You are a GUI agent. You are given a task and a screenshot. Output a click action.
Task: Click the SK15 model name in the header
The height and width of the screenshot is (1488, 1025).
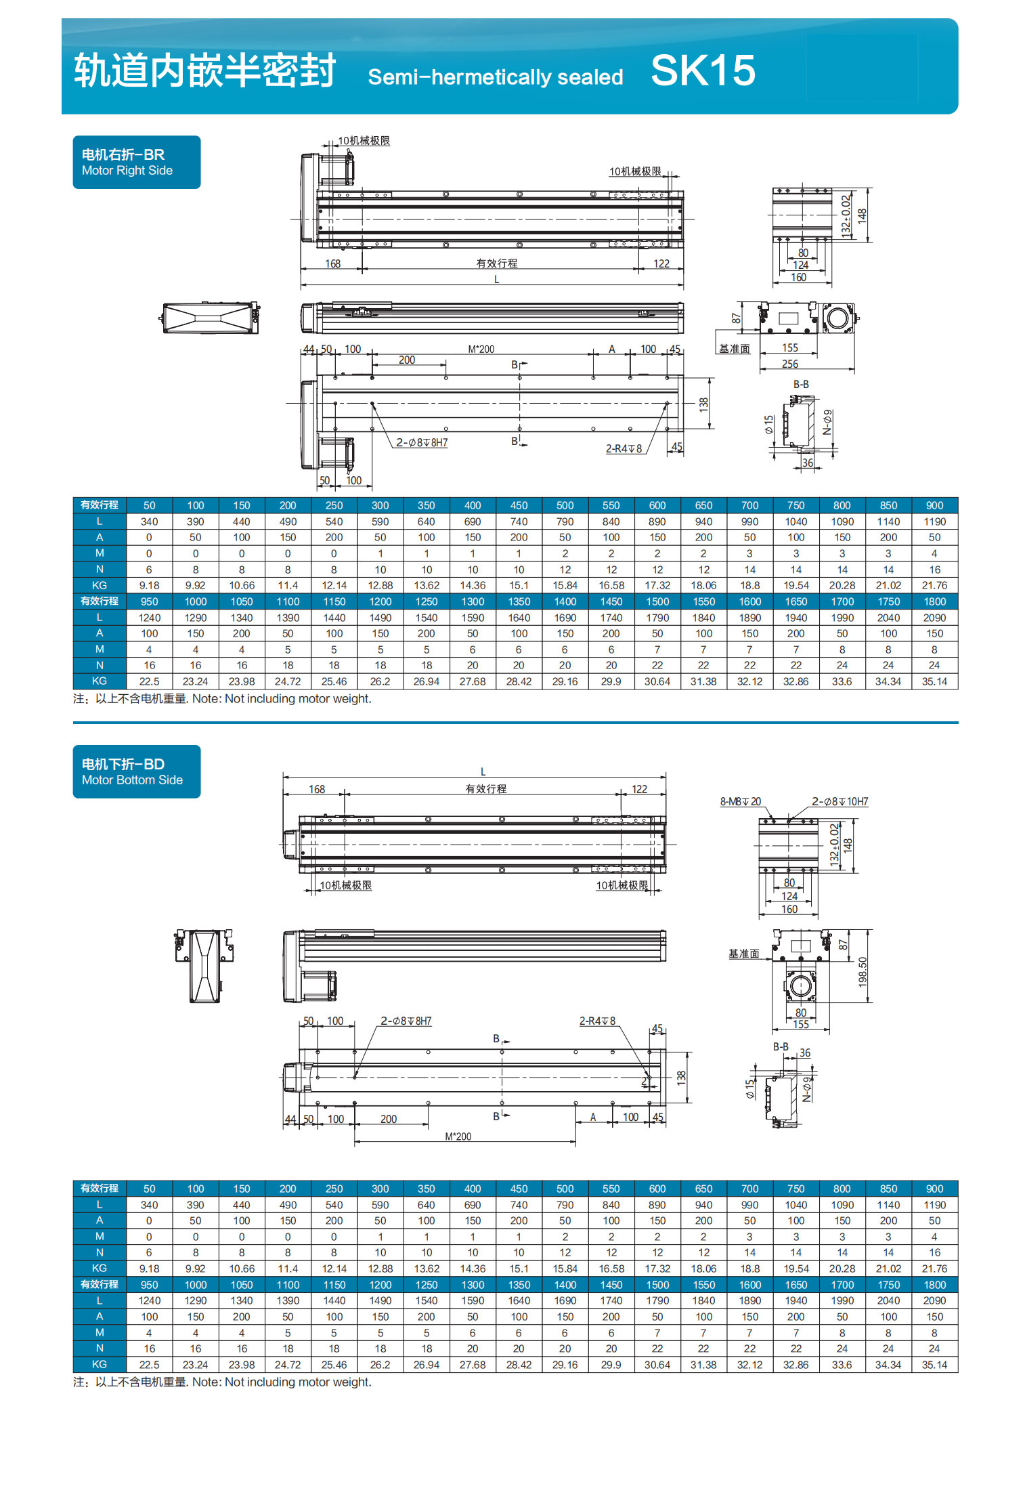pos(703,70)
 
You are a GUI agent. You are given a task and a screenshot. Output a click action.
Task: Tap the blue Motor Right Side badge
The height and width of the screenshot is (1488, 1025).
pos(136,163)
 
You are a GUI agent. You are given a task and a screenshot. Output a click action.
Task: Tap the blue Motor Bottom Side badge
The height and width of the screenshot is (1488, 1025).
pos(136,771)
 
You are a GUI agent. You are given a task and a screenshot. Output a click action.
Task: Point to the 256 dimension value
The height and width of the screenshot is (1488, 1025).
pos(789,364)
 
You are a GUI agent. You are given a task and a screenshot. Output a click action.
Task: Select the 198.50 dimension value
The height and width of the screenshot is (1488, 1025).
pos(863,971)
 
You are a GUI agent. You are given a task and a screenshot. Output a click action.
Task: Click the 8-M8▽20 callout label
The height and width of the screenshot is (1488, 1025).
pos(740,802)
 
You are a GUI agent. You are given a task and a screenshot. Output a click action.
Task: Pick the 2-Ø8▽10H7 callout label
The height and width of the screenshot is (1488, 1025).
pos(839,802)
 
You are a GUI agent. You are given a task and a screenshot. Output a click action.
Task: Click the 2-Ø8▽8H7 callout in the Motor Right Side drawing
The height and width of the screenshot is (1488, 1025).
pos(422,443)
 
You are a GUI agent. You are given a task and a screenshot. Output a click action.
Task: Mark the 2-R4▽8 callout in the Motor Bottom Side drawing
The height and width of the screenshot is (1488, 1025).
pos(597,1021)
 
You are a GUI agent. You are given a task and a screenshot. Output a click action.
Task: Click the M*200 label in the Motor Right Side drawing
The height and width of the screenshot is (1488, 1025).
pos(481,349)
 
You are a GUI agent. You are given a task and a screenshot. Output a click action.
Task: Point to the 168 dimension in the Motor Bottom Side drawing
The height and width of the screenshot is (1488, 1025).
pos(317,789)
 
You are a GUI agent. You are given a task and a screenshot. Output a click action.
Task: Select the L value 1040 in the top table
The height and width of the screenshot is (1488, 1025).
pos(795,522)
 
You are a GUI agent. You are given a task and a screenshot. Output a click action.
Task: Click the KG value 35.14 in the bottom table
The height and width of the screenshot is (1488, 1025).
pos(934,1365)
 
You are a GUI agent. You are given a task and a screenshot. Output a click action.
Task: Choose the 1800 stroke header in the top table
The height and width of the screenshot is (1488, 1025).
pos(934,601)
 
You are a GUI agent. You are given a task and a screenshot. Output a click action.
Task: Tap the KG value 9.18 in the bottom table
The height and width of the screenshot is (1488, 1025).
pos(149,1269)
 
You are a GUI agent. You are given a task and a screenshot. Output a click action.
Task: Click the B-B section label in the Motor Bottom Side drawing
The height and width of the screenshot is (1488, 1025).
pos(781,1046)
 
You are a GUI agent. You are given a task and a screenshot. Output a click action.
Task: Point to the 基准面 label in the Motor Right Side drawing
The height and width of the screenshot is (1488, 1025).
pos(735,349)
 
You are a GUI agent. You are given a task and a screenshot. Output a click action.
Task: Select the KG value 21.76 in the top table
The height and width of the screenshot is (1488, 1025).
pos(934,585)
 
